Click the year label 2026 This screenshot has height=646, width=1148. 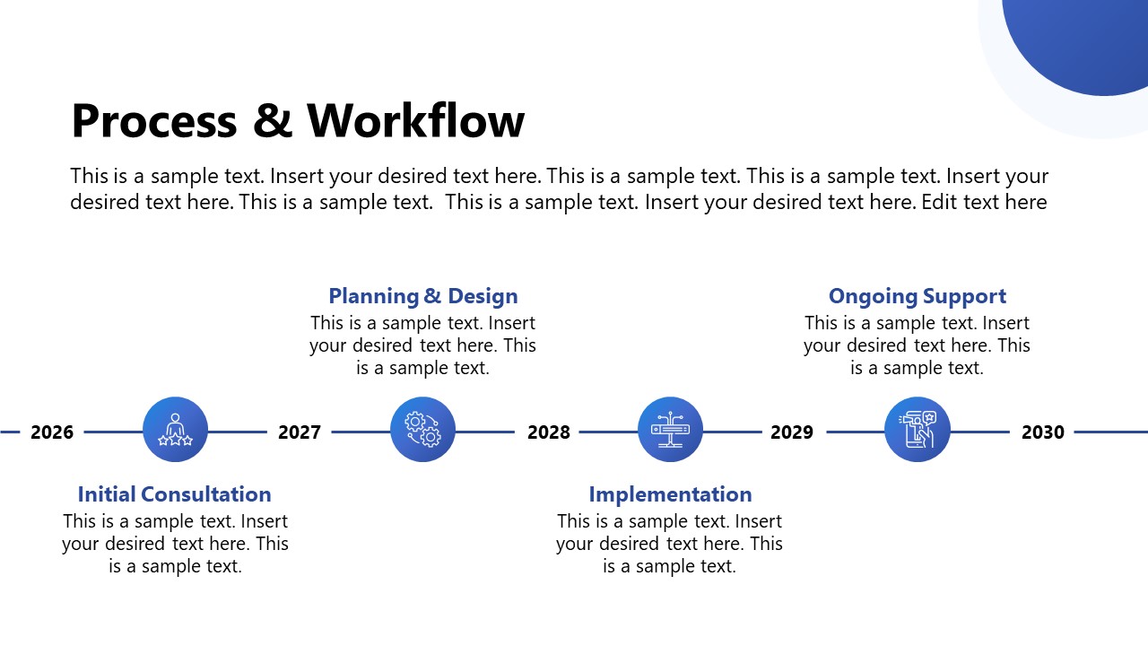(x=52, y=432)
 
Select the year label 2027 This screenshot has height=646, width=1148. (x=300, y=432)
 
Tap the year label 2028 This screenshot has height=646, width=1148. (x=548, y=432)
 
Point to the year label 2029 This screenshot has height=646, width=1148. (x=792, y=432)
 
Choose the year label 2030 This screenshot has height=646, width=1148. (x=1042, y=432)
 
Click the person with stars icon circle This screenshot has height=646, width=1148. (x=175, y=430)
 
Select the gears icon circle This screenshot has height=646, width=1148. (x=422, y=430)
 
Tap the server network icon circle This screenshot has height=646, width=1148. (x=670, y=430)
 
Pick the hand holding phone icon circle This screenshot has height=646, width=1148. (x=917, y=430)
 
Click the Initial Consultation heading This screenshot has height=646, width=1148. (x=174, y=494)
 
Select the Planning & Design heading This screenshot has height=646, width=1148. (x=422, y=296)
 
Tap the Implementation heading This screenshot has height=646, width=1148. (x=670, y=494)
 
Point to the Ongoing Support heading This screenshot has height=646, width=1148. (x=917, y=296)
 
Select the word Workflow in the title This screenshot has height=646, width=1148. (x=415, y=121)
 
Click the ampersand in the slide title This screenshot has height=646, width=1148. (x=273, y=122)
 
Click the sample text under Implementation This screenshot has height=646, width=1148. (x=669, y=544)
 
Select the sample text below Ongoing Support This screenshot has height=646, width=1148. (x=917, y=345)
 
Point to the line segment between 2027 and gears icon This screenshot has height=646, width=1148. (x=361, y=432)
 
